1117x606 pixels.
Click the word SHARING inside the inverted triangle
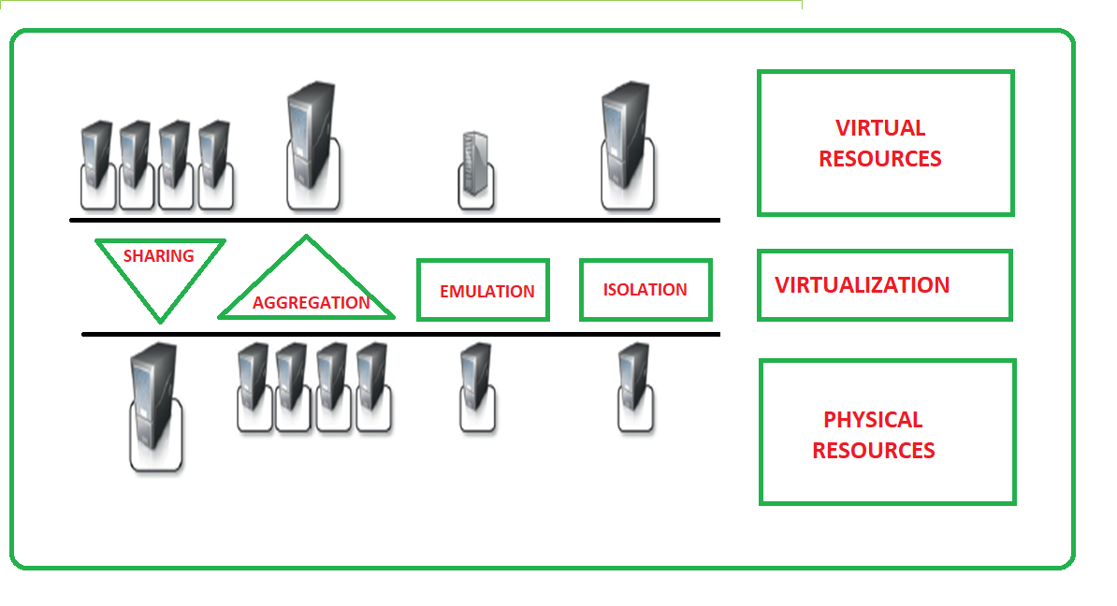[158, 256]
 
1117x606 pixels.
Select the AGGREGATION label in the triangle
[311, 303]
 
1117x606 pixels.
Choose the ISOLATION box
[646, 290]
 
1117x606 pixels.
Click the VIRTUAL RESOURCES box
[884, 143]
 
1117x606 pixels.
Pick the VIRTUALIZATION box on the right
[883, 285]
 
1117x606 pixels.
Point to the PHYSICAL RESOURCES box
[887, 432]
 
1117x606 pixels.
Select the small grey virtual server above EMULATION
[475, 170]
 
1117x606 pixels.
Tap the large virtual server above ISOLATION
[626, 145]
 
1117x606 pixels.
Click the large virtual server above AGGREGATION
[312, 145]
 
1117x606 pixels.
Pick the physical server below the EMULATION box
[476, 386]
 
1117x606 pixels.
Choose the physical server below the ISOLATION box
[634, 386]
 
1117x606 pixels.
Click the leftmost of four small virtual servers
[97, 164]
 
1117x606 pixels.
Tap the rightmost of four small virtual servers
[215, 164]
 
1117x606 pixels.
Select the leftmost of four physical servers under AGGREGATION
[254, 386]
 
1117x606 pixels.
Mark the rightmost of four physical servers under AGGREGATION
[372, 386]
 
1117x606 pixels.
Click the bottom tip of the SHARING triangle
[160, 321]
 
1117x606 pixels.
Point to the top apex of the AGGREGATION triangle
[306, 238]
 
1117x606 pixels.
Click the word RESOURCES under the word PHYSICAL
[873, 451]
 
